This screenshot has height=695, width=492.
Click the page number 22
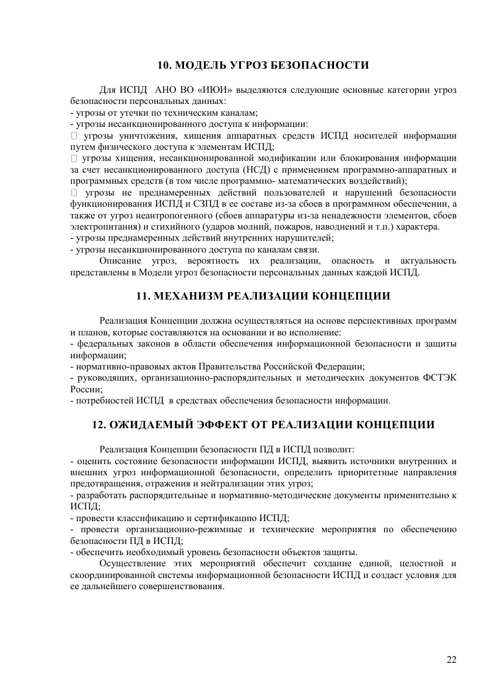click(x=451, y=659)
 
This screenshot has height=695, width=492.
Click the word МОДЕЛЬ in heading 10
click(x=201, y=65)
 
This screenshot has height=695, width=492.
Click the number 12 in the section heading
click(x=99, y=425)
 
